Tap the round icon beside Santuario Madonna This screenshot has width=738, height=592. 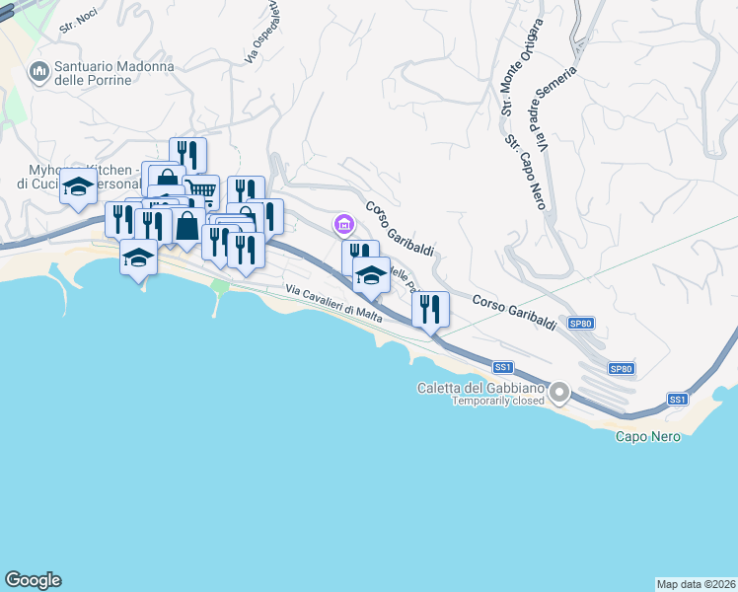click(x=40, y=71)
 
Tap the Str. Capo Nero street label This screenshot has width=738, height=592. click(x=526, y=173)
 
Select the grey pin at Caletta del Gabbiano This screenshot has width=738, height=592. click(x=560, y=394)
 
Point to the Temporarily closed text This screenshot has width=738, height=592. click(x=498, y=401)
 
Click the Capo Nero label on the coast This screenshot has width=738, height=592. click(x=647, y=436)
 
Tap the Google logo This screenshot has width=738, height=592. click(x=33, y=580)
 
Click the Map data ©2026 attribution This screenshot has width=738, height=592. click(x=696, y=583)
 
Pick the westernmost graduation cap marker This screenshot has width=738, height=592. click(x=77, y=186)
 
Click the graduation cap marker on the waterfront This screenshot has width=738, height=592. click(x=138, y=259)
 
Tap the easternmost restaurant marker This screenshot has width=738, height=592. click(x=430, y=308)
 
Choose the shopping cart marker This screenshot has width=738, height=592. click(x=201, y=188)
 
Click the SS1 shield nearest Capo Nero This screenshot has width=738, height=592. click(x=677, y=399)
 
